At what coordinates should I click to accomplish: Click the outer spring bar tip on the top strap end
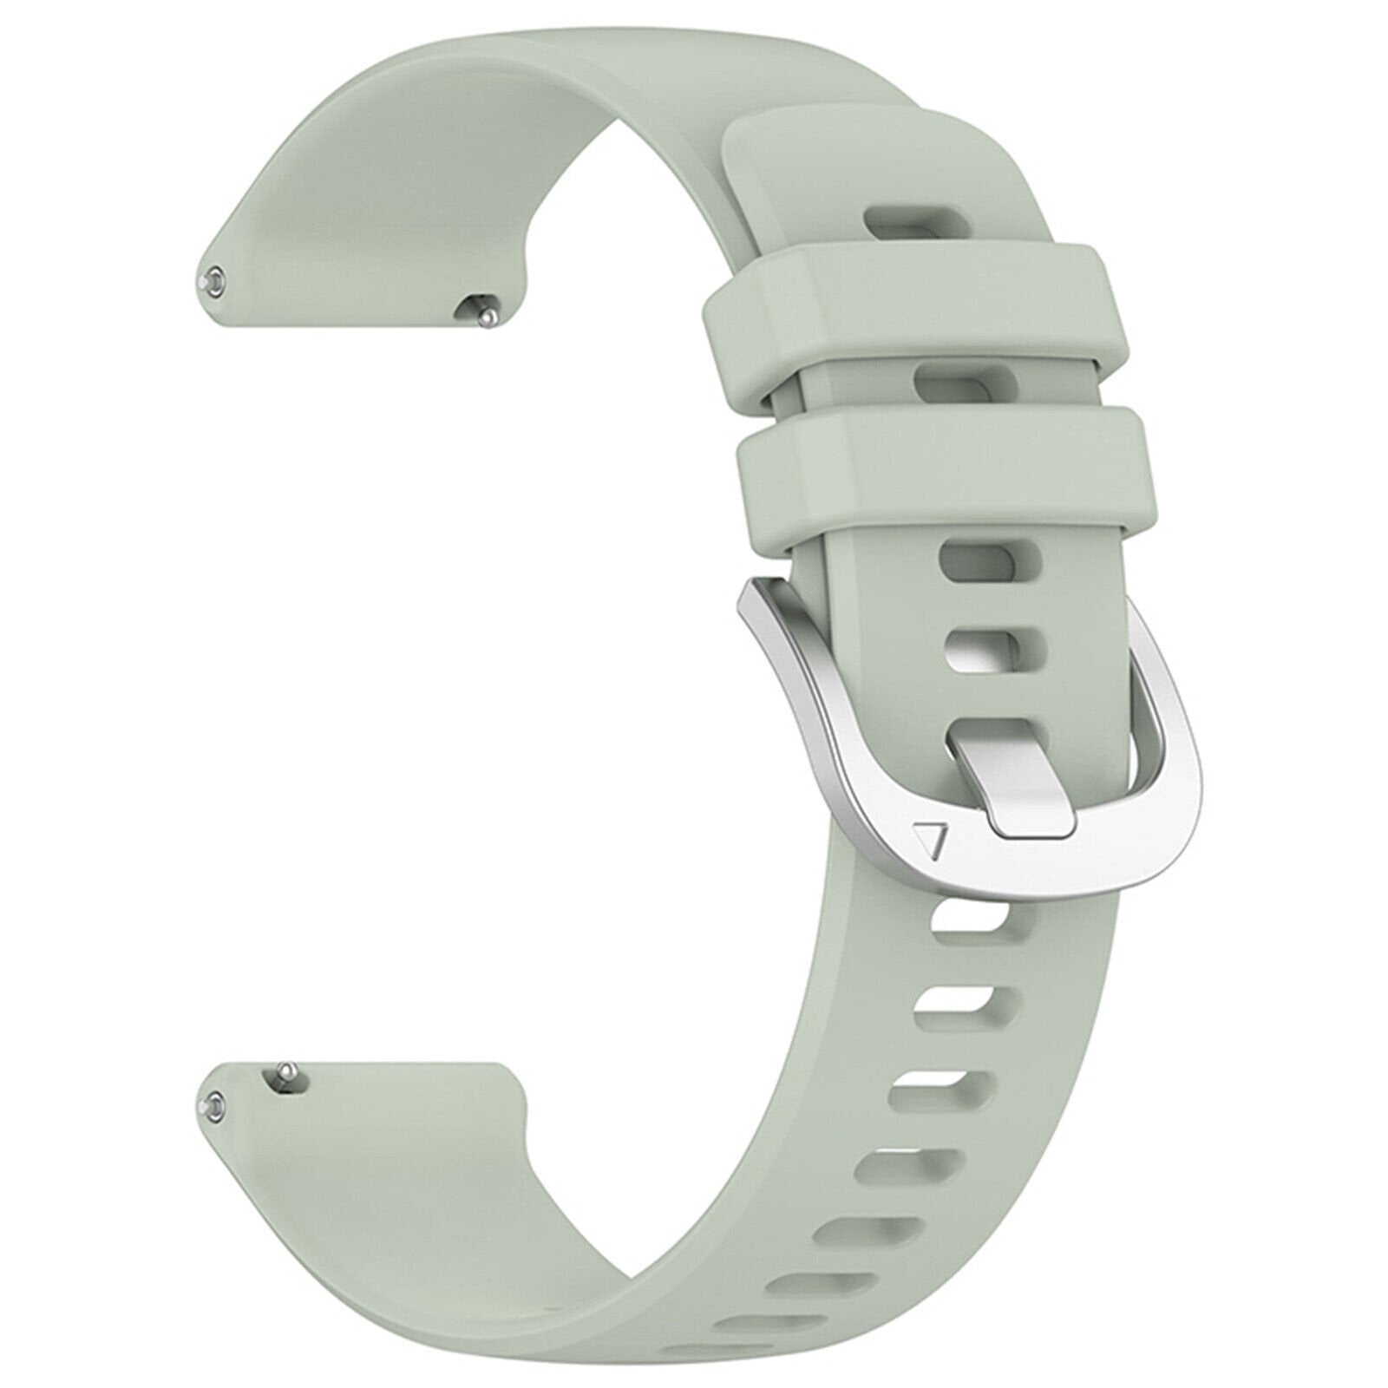point(213,282)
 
